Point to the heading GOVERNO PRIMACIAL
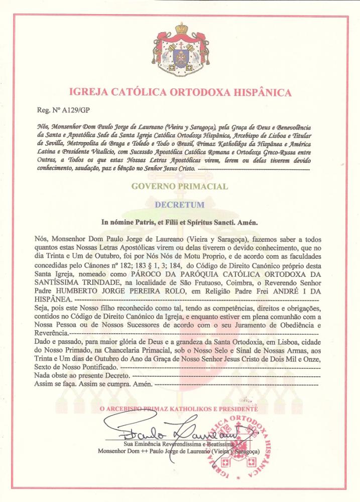(x=180, y=186)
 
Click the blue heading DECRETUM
(x=180, y=205)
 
